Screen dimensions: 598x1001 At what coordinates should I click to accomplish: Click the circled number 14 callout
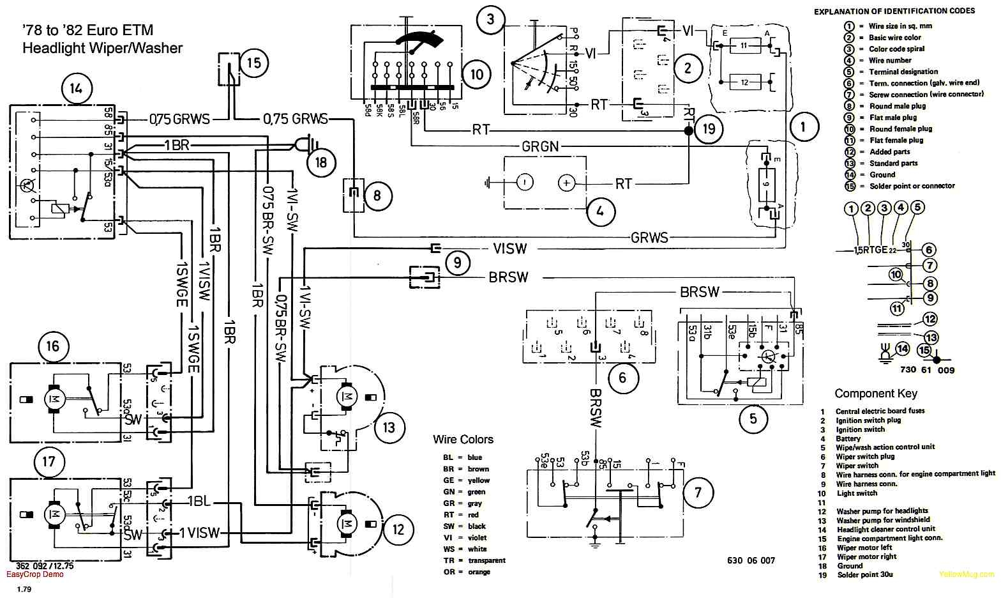(76, 89)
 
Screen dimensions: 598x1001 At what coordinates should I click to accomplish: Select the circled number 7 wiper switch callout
(698, 493)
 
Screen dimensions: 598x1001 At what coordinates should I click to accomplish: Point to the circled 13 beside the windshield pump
(389, 427)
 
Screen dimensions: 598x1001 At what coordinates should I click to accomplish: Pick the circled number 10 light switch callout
(477, 75)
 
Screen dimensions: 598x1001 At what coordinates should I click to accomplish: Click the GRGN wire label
(540, 146)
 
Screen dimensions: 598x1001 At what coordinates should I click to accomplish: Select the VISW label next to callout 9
(510, 249)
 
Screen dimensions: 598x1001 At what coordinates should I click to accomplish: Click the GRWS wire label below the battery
(649, 238)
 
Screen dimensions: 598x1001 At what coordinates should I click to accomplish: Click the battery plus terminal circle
(566, 183)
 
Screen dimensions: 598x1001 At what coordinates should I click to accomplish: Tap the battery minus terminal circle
(523, 183)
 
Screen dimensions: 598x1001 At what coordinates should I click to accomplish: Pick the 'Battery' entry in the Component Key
(848, 439)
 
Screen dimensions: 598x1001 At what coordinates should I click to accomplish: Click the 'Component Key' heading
(876, 394)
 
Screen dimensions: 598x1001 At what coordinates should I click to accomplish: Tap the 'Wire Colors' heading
(463, 440)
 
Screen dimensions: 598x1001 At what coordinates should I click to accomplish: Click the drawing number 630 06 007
(751, 560)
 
